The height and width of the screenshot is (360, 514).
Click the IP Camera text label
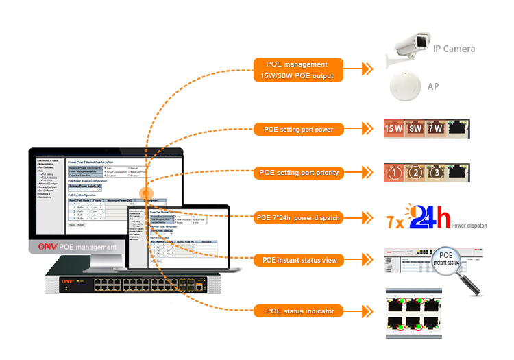point(454,49)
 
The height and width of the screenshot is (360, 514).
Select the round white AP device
point(404,87)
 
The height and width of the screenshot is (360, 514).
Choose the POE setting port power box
point(298,128)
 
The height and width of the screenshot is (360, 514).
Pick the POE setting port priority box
point(298,173)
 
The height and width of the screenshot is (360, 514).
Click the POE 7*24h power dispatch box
point(298,218)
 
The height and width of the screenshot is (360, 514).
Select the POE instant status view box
point(298,261)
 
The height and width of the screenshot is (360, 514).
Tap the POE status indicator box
point(298,311)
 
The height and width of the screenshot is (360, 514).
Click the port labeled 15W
point(394,128)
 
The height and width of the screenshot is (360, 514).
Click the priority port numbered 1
point(394,173)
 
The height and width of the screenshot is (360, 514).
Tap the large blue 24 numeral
point(430,219)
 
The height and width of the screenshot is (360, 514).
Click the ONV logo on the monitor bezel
point(47,247)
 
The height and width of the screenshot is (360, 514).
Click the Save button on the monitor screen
point(71,224)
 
